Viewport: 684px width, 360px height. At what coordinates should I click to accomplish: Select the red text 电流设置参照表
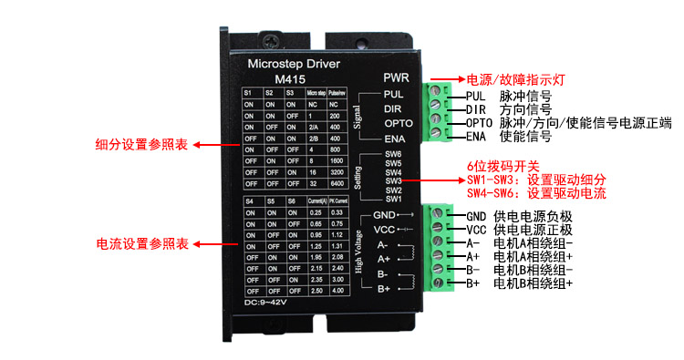pyautogui.click(x=142, y=244)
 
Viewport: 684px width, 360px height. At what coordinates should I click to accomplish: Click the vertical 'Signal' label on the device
pyautogui.click(x=358, y=118)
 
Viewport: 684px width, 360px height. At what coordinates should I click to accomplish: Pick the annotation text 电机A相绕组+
pyautogui.click(x=534, y=257)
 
